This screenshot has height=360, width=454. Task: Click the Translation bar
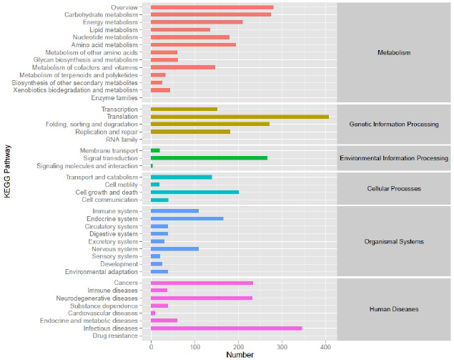pos(240,116)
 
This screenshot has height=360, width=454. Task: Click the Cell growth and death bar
pos(194,192)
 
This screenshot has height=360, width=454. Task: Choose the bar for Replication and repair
pos(190,132)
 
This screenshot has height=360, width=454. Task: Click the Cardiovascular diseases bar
pos(153,313)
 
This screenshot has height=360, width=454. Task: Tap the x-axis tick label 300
pos(282,346)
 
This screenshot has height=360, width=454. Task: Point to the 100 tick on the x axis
pos(194,346)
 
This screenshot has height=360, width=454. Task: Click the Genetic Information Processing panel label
pos(393,124)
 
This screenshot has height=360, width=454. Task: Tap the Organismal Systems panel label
pos(393,242)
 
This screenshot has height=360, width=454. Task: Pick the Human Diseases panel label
pos(393,309)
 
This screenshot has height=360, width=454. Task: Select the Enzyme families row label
pos(114,97)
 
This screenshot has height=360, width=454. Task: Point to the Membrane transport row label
pos(109,151)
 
